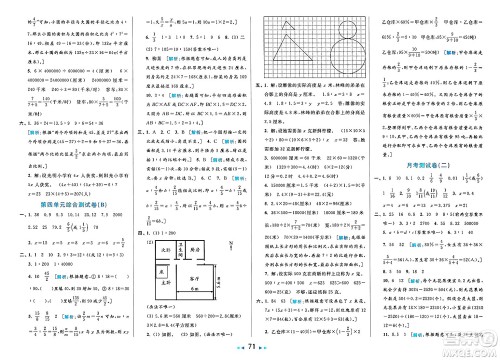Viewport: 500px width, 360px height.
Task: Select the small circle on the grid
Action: click(346, 28)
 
